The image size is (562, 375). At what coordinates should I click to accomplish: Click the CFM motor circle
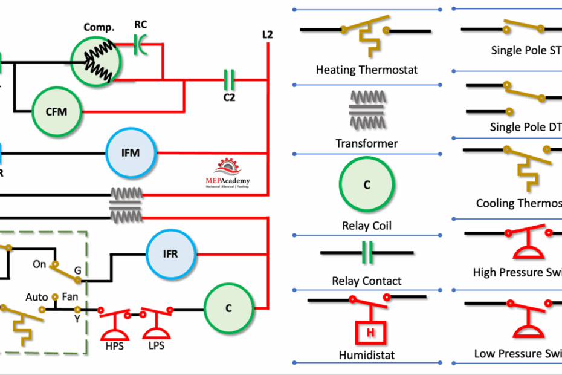click(x=56, y=111)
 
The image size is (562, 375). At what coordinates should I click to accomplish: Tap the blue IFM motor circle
click(x=131, y=153)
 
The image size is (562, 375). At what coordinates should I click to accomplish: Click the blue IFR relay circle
click(x=171, y=254)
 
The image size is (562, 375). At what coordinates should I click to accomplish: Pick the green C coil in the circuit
click(x=228, y=308)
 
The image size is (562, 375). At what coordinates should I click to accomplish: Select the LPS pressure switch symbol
click(x=155, y=324)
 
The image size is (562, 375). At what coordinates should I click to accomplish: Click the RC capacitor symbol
click(x=140, y=42)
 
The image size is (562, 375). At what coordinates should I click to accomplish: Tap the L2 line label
click(x=267, y=35)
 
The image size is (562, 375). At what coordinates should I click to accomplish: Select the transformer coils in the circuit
click(x=126, y=203)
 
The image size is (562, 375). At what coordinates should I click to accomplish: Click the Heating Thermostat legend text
click(x=366, y=70)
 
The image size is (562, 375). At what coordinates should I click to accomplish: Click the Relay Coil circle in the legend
click(x=366, y=185)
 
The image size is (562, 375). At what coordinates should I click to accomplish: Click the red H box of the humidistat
click(x=366, y=332)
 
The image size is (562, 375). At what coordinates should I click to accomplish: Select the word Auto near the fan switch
click(x=36, y=298)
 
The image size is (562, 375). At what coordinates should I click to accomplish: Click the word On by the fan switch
click(x=39, y=264)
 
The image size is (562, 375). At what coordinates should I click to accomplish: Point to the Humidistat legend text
click(x=366, y=356)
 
